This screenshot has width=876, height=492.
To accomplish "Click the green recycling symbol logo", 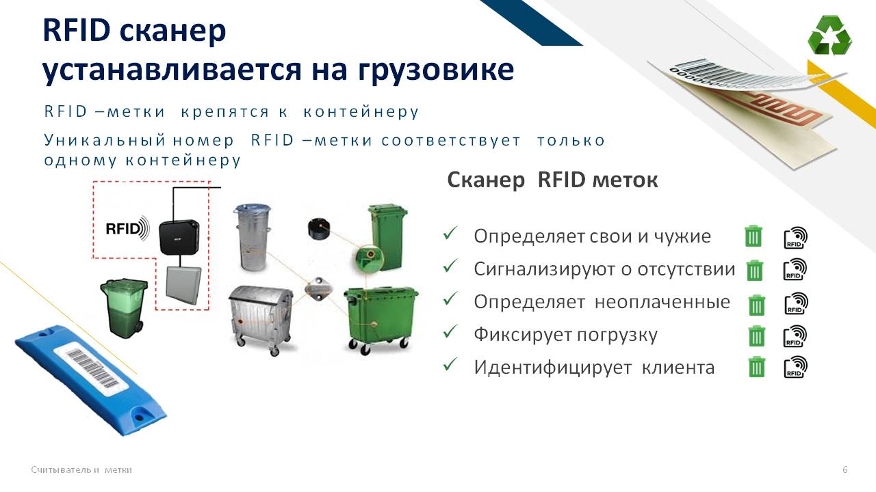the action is pyautogui.click(x=829, y=35).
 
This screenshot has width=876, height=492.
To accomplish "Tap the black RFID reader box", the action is pyautogui.click(x=179, y=237).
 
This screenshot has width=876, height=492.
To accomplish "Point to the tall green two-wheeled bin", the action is pyautogui.click(x=387, y=236).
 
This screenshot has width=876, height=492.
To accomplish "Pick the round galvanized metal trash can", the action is pyautogui.click(x=252, y=236).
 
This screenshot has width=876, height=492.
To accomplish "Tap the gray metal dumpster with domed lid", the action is pyautogui.click(x=261, y=320).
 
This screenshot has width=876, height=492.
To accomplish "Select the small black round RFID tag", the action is pyautogui.click(x=319, y=228).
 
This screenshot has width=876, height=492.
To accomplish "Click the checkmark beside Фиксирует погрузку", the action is pyautogui.click(x=450, y=331).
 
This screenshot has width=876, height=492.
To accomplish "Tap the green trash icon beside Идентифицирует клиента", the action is pyautogui.click(x=756, y=367).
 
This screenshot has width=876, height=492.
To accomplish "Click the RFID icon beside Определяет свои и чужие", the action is pyautogui.click(x=795, y=237).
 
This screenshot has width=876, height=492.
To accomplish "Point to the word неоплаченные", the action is pyautogui.click(x=662, y=302).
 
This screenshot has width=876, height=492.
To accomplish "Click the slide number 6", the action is pyautogui.click(x=845, y=469).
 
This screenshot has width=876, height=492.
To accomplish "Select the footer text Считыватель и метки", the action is pyautogui.click(x=81, y=469).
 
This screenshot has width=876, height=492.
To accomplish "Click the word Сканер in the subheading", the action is pyautogui.click(x=486, y=180).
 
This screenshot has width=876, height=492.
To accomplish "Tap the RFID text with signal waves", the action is pyautogui.click(x=127, y=228).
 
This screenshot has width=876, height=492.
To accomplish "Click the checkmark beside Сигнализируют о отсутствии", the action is pyautogui.click(x=450, y=266).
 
